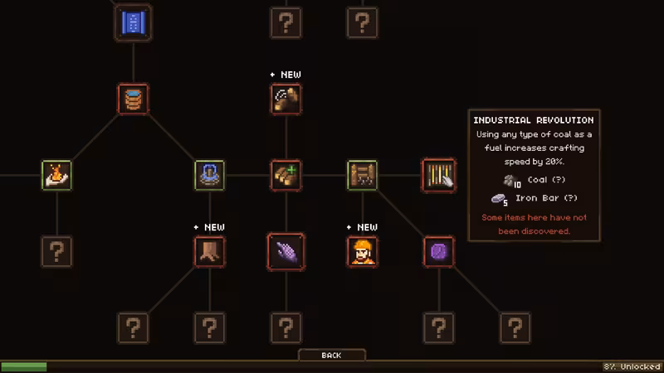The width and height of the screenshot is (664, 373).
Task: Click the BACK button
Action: (x=331, y=356)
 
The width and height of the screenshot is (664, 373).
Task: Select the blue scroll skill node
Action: (x=133, y=23)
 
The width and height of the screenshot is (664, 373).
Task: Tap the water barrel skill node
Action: (x=133, y=99)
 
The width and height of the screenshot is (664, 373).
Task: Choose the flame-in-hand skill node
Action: (x=56, y=175)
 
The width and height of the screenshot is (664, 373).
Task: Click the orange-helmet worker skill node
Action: (x=363, y=252)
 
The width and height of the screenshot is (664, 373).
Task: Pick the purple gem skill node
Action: (x=439, y=252)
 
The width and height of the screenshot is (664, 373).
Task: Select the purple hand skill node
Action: (x=286, y=252)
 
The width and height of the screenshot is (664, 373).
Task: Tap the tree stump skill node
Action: (x=210, y=252)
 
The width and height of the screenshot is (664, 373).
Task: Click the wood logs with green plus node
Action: (x=286, y=175)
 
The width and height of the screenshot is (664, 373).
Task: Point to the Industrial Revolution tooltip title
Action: (x=534, y=120)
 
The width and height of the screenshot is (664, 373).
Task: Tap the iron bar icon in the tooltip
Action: (x=500, y=199)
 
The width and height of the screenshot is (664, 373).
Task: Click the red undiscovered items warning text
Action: (x=534, y=224)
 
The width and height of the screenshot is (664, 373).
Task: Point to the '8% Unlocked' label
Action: (x=632, y=366)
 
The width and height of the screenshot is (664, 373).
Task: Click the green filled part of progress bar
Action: (x=24, y=366)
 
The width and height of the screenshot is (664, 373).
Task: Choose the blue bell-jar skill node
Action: (x=210, y=175)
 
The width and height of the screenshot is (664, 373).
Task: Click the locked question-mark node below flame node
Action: (x=56, y=252)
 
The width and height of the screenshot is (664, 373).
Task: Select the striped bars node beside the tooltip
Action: (x=439, y=175)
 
